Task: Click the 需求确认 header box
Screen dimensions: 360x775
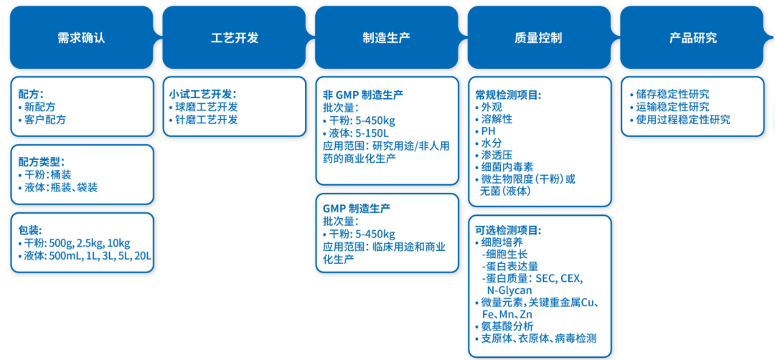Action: tap(80, 38)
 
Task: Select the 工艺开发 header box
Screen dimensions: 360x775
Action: tap(234, 38)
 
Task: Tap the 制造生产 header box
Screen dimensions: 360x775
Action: tap(386, 38)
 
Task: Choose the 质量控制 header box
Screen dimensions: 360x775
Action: tap(538, 38)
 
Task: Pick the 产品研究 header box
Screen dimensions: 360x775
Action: tap(692, 38)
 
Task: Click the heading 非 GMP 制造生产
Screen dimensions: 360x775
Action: tap(363, 94)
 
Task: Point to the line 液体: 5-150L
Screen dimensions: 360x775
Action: tap(359, 133)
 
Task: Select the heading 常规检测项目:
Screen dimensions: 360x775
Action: tap(508, 94)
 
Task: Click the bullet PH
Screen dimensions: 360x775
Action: tap(488, 131)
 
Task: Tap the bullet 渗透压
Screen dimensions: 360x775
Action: tap(495, 155)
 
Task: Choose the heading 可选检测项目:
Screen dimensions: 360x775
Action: tap(508, 230)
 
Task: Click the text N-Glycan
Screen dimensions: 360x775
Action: tap(509, 290)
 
